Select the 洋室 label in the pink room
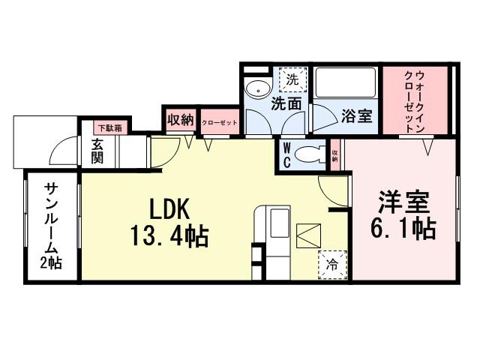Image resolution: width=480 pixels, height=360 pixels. pos(403,202)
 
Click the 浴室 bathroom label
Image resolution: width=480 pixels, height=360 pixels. pos(356,116)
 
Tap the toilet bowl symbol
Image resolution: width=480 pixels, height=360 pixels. pos(308,154)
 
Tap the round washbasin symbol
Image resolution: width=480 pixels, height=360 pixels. pos(257,85)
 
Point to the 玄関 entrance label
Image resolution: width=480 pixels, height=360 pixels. pos(97,152)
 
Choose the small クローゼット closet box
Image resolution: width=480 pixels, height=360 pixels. pos(219,121)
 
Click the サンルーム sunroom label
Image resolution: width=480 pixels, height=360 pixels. pos(52,217)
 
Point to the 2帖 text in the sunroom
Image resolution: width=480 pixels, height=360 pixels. pos(52,262)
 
